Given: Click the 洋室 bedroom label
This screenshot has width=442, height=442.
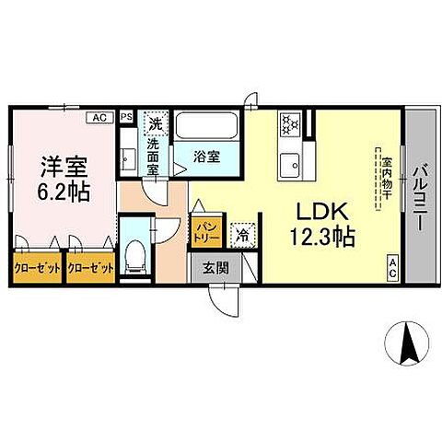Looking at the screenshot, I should (63, 169).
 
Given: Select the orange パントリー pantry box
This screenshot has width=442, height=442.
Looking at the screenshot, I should (204, 227).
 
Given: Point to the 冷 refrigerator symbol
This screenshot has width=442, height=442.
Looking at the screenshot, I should (242, 234).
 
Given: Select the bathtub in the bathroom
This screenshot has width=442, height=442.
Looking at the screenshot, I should (206, 126).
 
